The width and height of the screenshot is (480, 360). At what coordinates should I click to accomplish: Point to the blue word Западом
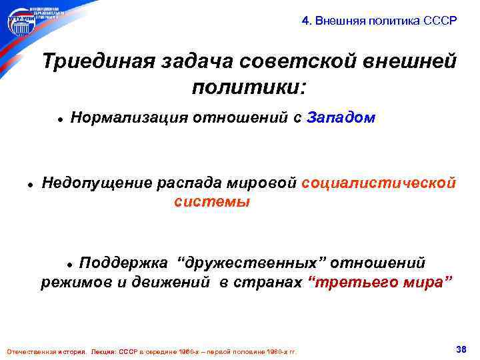click(x=342, y=118)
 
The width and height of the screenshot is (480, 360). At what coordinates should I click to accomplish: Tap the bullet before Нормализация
click(x=59, y=119)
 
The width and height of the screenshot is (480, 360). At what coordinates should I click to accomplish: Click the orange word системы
click(x=212, y=202)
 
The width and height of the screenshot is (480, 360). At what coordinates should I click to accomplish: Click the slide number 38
click(x=459, y=349)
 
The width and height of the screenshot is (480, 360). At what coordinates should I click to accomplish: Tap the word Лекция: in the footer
click(x=104, y=351)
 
